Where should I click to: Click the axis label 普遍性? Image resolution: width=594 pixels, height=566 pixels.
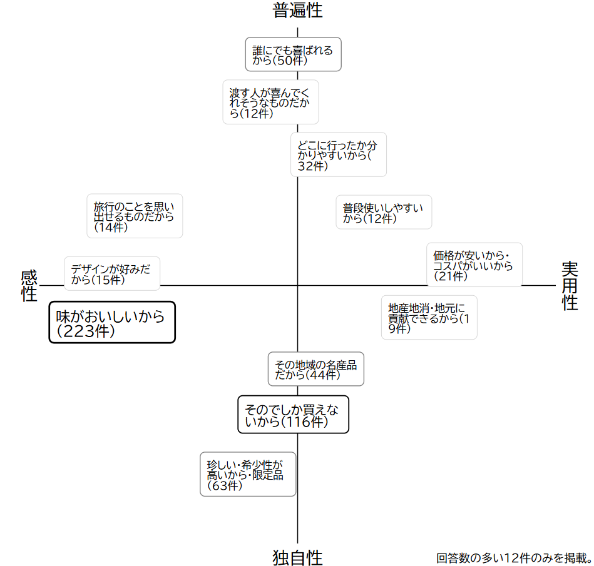297,11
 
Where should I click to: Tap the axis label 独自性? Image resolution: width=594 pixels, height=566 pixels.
297,557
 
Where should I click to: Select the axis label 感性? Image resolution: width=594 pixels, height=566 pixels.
29,285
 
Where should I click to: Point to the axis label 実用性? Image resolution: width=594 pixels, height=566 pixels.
570,285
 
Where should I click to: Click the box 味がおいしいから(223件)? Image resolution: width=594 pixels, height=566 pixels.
112,323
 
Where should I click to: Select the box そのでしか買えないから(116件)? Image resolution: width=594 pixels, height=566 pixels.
293,415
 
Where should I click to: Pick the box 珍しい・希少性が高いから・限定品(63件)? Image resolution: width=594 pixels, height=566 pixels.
248,474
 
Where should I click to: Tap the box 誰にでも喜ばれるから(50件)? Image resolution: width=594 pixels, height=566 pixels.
293,54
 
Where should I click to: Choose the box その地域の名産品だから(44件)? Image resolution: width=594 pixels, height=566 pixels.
316,369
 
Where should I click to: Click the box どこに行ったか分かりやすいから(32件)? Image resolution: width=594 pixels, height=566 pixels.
339,154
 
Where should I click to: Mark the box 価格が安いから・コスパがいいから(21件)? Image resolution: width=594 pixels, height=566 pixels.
474,265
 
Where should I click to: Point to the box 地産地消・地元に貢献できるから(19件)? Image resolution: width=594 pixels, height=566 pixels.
429,317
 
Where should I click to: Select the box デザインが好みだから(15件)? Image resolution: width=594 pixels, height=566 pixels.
112,274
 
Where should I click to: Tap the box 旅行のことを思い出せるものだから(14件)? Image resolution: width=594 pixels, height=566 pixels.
135,216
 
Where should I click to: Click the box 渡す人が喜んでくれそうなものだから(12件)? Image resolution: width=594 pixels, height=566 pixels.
270,102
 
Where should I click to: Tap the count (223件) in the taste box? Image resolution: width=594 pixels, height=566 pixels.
86,331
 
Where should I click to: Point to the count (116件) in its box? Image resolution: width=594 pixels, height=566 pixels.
304,422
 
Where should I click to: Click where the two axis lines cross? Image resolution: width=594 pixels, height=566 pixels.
297,285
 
